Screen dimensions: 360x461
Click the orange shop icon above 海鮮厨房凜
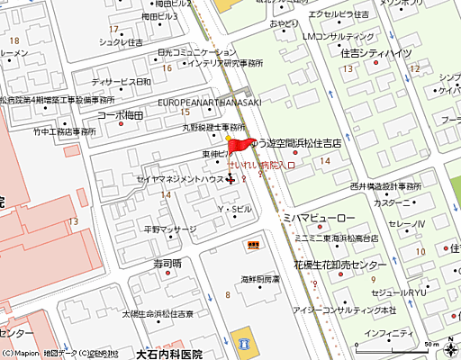tap(255, 244)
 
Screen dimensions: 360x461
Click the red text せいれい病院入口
tap(262, 166)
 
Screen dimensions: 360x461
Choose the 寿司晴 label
tap(167, 264)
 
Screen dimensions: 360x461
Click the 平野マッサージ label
tap(169, 229)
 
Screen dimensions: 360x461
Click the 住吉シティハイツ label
tap(375, 54)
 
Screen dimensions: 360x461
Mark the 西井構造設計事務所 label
tap(366, 188)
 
